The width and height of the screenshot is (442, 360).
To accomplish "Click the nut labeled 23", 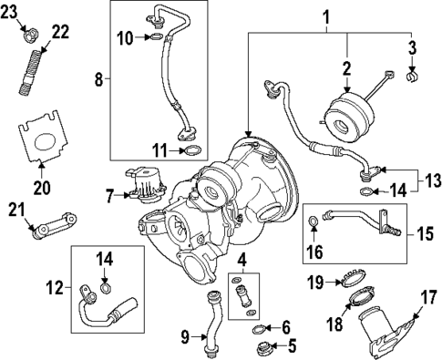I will click(30, 36).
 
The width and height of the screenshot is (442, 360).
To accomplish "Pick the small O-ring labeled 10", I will click(157, 38).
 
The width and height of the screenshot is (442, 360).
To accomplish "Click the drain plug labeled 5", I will click(265, 346).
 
